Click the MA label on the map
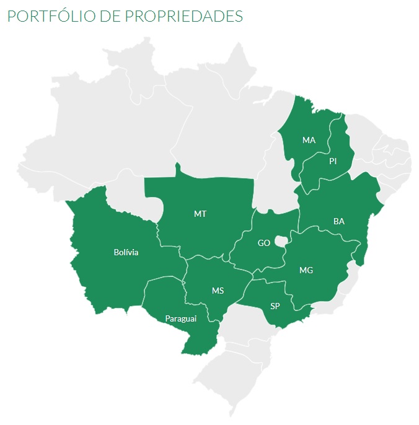(309, 140)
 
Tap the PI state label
(333, 161)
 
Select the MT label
(200, 214)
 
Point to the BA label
(339, 221)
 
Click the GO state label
(264, 243)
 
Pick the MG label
(306, 271)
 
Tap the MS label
(218, 291)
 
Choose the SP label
(275, 306)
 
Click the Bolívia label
(126, 252)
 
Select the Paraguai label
(180, 319)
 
